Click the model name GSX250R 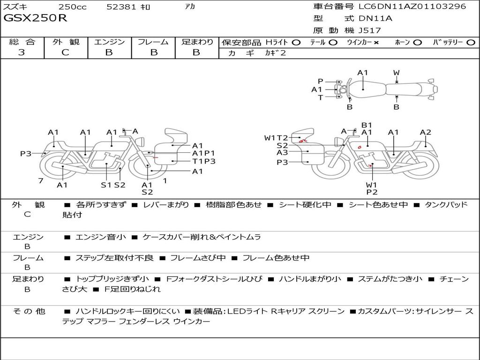coord(35,18)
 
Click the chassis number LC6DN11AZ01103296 coord(412,6)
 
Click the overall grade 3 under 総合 coord(22,52)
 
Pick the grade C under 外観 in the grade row coord(65,52)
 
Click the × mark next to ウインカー coord(376,43)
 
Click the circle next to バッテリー coord(471,43)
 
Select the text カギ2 coord(276,53)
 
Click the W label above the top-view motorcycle coord(397,73)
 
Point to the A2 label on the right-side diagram coord(426,132)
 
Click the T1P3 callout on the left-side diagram coord(204,161)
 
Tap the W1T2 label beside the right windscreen coord(276,138)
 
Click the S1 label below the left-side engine coord(106,185)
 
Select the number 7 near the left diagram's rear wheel coord(41,180)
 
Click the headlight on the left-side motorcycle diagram coord(141,142)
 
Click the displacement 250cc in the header coord(73,7)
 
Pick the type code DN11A coord(375,18)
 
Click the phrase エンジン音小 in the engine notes coord(101,237)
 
